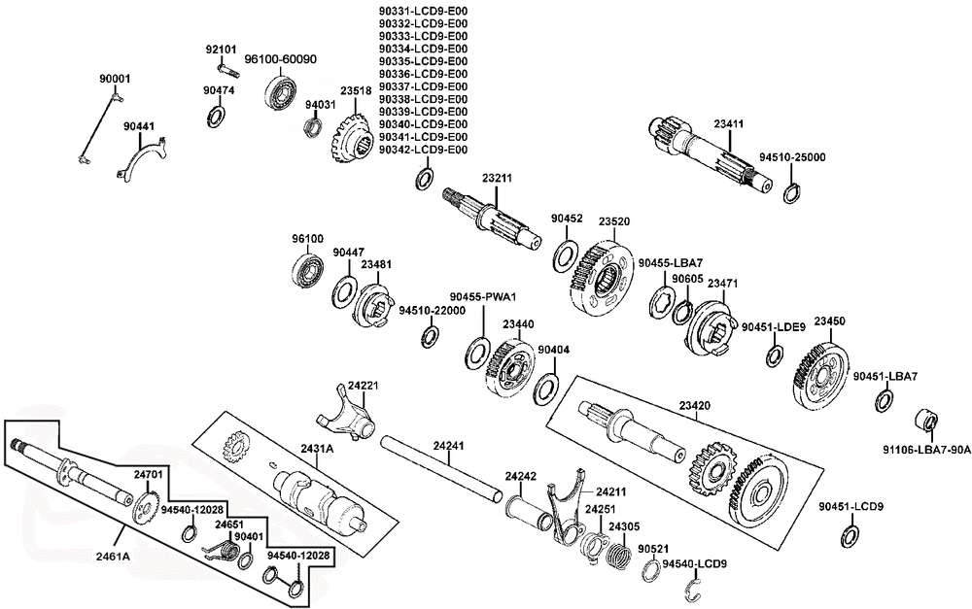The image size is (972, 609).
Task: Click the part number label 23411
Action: pos(728,124)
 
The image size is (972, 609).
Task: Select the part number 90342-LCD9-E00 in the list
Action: pos(424,150)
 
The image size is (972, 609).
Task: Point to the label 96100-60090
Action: pos(280,59)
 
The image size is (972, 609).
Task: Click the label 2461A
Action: pos(113,556)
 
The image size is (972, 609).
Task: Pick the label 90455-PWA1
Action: pos(483,297)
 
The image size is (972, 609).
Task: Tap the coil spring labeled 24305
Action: pos(617,551)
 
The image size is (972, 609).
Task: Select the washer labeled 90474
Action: pos(215,117)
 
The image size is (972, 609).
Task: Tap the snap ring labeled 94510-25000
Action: pos(791,193)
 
